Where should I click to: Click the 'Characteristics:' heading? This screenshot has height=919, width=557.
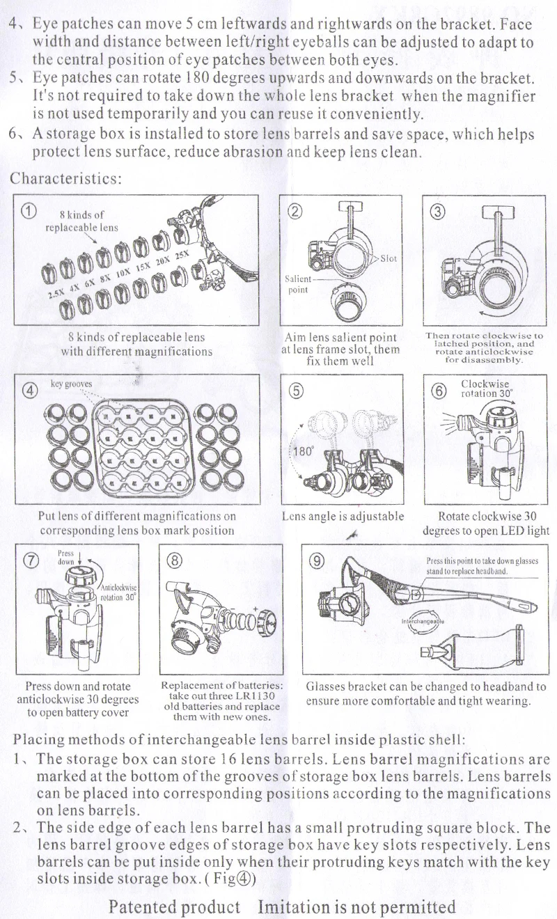[66, 178]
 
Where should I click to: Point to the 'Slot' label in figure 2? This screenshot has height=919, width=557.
[389, 258]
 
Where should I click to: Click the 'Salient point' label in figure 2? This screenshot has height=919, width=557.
[298, 285]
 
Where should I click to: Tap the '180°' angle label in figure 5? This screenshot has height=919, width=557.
[303, 450]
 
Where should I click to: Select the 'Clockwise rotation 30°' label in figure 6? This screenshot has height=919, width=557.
[485, 388]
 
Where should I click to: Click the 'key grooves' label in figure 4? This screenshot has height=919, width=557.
[72, 384]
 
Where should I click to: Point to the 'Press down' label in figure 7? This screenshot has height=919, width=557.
[66, 557]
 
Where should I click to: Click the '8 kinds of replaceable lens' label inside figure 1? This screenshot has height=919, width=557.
[81, 221]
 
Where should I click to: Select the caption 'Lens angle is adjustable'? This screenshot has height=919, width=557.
[343, 517]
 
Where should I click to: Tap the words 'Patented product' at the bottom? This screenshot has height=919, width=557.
[175, 906]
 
